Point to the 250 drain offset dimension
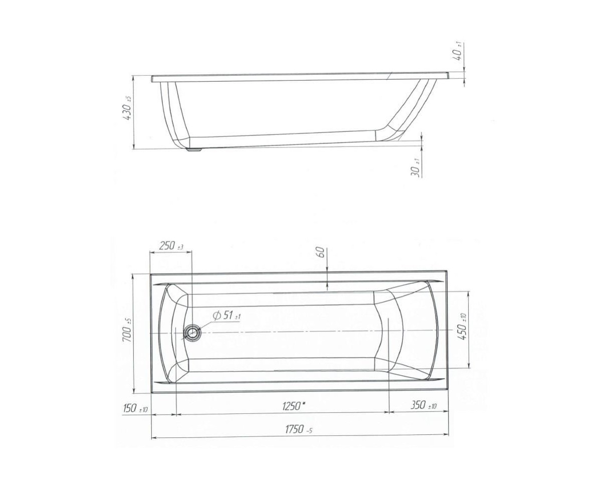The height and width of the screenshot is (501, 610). (x=171, y=246)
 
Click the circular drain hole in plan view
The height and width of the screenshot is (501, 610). (x=191, y=333)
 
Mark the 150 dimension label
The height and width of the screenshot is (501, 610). (x=135, y=409)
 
